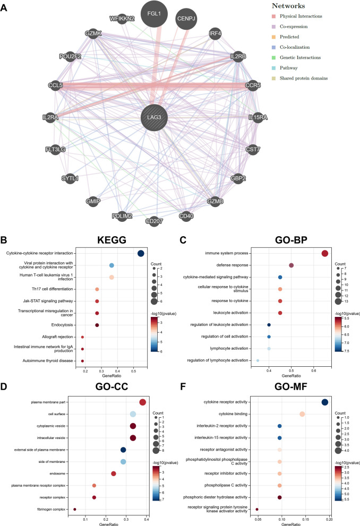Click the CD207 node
155,220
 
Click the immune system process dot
325,253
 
